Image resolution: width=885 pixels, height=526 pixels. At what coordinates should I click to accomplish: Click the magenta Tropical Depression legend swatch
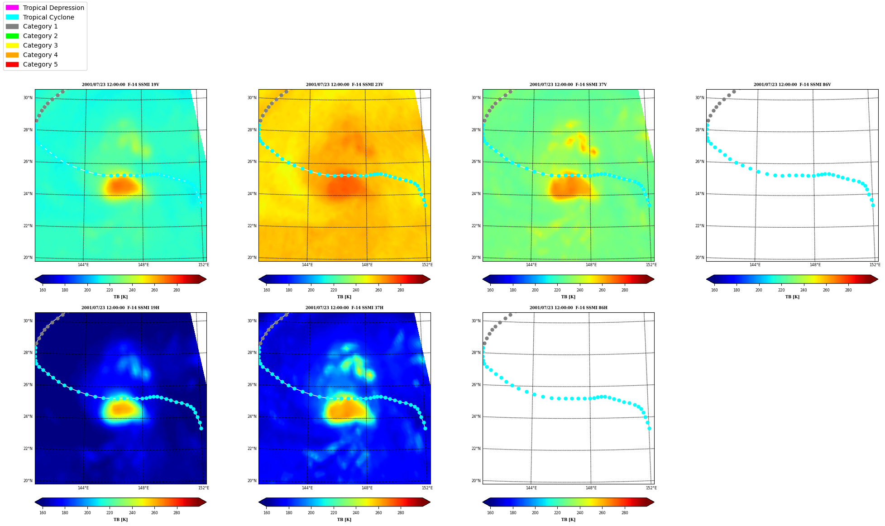click(x=12, y=8)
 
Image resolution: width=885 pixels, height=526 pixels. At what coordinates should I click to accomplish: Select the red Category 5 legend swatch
click(x=12, y=64)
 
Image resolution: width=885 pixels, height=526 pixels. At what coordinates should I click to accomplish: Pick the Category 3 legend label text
click(x=40, y=45)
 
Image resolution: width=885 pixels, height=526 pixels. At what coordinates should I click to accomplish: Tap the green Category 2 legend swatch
click(x=12, y=36)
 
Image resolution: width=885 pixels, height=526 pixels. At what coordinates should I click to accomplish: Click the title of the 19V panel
click(x=120, y=85)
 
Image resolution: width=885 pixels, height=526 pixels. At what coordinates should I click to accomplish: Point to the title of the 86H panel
click(x=569, y=308)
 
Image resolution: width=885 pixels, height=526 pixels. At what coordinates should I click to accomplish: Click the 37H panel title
click(x=344, y=308)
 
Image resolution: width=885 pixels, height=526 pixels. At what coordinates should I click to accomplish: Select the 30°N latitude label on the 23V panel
click(x=252, y=98)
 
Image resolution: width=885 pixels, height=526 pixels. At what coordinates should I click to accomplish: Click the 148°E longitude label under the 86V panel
click(x=815, y=265)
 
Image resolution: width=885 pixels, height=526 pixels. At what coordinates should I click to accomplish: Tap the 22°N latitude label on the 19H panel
click(x=28, y=449)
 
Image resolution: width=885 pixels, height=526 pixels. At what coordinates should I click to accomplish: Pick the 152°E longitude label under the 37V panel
click(x=651, y=265)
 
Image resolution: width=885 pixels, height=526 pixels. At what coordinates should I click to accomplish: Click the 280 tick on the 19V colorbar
click(x=177, y=290)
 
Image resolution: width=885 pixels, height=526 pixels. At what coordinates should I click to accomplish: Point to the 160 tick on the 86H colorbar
click(x=490, y=513)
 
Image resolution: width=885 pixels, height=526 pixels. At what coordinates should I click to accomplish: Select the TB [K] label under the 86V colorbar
click(x=792, y=297)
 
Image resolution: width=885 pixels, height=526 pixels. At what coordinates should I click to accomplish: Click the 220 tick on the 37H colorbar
click(x=334, y=513)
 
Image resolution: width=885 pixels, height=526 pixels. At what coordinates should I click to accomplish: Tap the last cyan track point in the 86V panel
click(x=873, y=205)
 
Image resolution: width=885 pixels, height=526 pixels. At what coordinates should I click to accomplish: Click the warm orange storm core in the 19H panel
click(x=121, y=409)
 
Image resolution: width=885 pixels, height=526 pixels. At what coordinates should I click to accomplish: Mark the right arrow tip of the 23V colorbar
click(x=430, y=279)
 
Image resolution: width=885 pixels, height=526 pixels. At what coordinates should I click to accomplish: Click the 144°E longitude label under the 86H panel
click(x=531, y=488)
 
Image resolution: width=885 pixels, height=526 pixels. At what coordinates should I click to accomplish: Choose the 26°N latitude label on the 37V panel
click(x=476, y=162)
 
